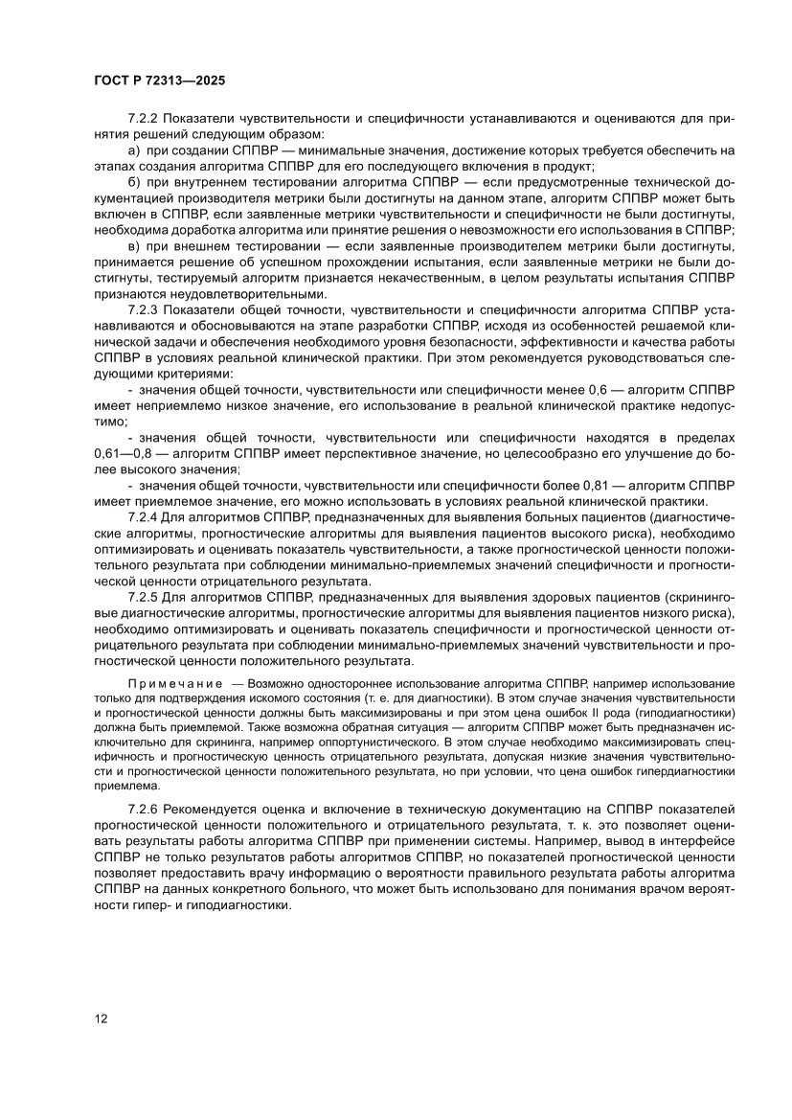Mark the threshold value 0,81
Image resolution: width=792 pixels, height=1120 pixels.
(600, 486)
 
